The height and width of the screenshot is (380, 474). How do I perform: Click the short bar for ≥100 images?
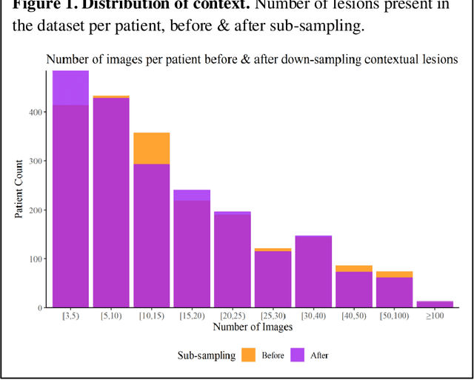434,304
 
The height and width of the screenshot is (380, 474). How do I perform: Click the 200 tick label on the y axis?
39,210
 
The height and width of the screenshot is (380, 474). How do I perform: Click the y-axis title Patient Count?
19,189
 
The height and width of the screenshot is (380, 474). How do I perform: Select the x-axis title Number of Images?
252,327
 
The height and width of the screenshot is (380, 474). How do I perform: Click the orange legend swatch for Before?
248,356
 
